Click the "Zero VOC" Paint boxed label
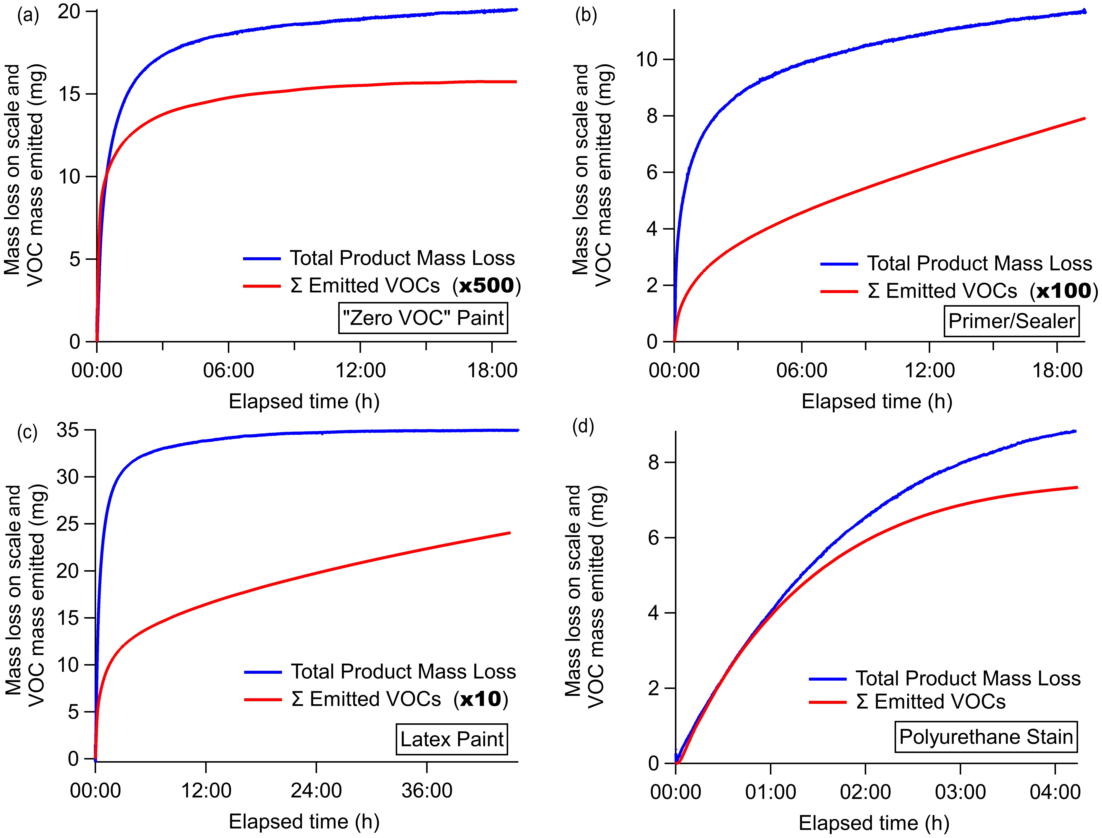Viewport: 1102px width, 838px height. [x=423, y=318]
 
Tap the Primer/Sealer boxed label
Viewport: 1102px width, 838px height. [x=1011, y=321]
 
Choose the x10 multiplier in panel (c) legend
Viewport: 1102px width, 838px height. [x=481, y=699]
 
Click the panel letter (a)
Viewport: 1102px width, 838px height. [x=28, y=16]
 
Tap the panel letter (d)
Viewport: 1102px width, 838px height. [x=583, y=427]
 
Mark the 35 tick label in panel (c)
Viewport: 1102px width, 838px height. [x=68, y=429]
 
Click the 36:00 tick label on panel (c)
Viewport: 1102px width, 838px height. [x=427, y=791]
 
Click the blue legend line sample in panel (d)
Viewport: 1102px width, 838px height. [x=827, y=679]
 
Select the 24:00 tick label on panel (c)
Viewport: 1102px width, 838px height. [x=316, y=791]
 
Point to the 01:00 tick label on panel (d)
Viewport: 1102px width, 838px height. [x=770, y=792]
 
